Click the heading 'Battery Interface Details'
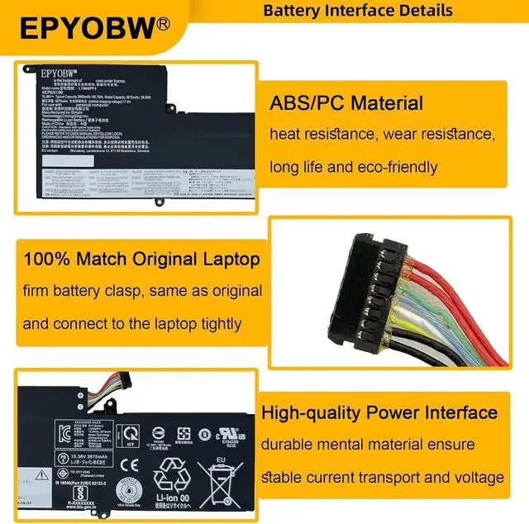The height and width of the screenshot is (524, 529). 358,11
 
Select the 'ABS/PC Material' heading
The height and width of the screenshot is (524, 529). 346,104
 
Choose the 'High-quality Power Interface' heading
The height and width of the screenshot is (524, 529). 379,412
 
